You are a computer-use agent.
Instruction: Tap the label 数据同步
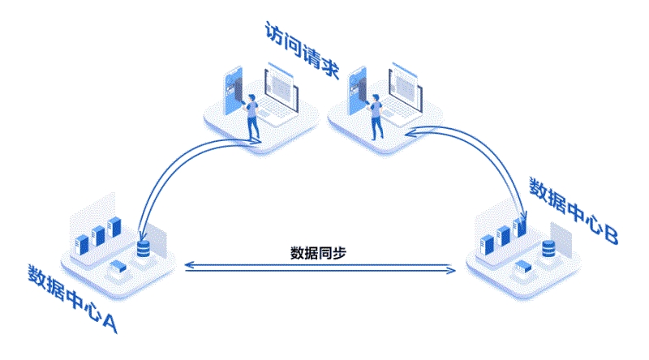[x=319, y=251]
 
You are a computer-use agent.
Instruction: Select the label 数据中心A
[x=73, y=298]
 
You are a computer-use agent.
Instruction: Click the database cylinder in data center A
[x=144, y=249]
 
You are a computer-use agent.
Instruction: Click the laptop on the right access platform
[x=403, y=91]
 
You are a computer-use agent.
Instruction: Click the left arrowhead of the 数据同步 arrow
[x=188, y=265]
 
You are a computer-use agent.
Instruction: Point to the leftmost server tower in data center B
[x=488, y=242]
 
